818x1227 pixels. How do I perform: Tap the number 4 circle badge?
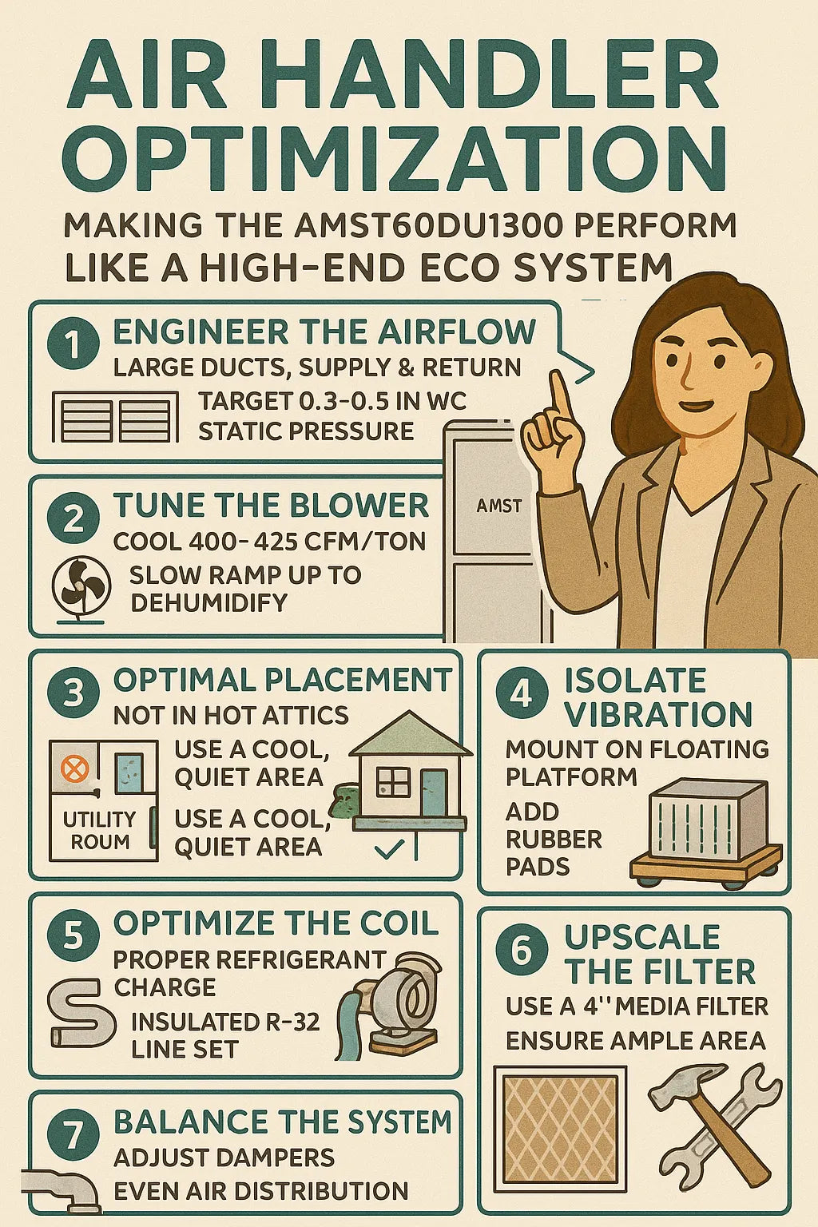click(521, 694)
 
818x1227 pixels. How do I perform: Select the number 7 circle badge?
click(73, 1135)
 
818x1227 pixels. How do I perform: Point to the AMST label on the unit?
click(499, 506)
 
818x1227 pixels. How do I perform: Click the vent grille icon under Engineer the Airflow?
click(115, 417)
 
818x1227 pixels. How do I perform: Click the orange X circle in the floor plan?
click(74, 769)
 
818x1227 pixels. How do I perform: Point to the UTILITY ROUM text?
click(100, 831)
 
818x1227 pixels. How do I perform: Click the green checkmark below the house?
click(389, 848)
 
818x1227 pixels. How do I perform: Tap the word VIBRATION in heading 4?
click(658, 714)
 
